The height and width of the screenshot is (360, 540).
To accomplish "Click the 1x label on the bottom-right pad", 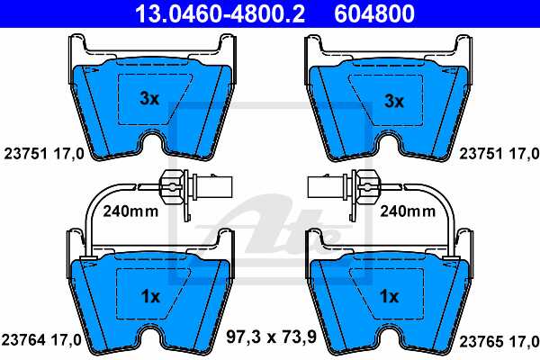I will click(x=389, y=296).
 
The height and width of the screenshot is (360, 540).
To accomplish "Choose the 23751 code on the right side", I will click(x=479, y=154).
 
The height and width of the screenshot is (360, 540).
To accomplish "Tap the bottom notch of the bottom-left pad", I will click(x=152, y=340).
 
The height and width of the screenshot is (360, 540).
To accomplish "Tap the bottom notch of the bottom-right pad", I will click(x=389, y=340).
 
